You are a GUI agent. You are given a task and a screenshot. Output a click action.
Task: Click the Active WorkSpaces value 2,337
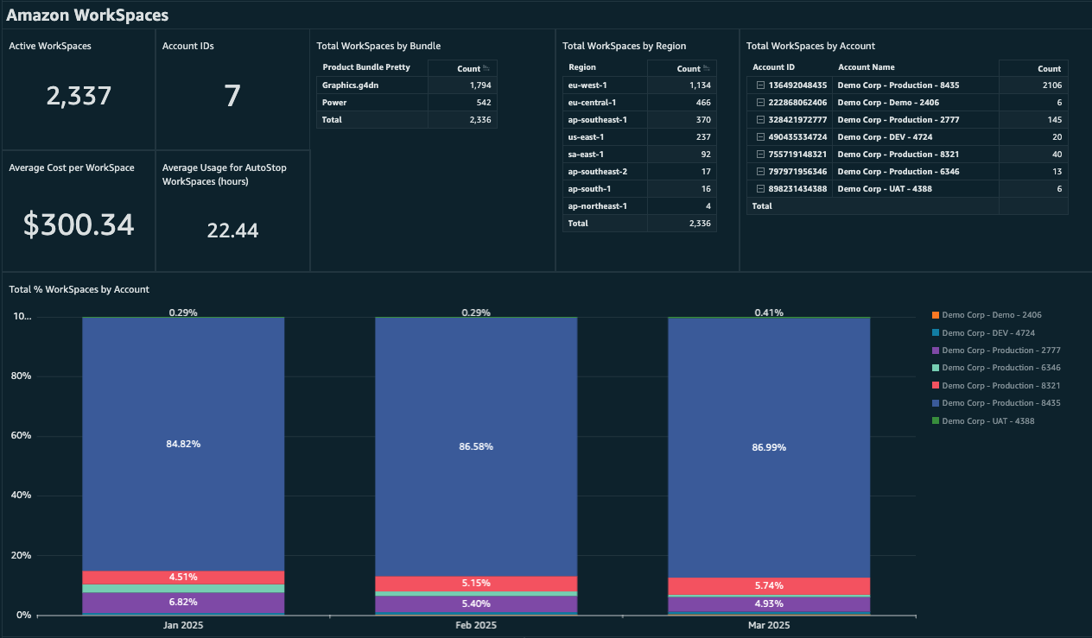[x=79, y=95]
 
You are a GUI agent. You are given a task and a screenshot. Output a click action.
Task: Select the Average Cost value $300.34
[x=79, y=224]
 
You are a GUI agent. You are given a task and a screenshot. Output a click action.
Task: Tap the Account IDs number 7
[x=232, y=96]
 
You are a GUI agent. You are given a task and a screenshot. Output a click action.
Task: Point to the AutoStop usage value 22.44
[x=232, y=231]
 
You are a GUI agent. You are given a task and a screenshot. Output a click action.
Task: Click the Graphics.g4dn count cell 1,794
[x=479, y=85]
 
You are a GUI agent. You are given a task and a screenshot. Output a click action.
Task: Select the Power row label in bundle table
[x=334, y=103]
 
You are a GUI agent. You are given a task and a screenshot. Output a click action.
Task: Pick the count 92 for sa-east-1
[x=704, y=155]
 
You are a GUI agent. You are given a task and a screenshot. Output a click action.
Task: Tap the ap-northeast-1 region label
[x=597, y=206]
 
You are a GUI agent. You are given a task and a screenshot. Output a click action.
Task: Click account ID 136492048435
[x=797, y=85]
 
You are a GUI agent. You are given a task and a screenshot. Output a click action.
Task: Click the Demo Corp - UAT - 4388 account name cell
[x=885, y=189]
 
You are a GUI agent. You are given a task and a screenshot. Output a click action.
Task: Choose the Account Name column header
[x=866, y=67]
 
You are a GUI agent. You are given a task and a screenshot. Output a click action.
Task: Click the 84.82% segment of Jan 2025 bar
[x=183, y=444]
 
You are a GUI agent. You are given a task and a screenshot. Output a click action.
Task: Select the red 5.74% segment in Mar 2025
[x=768, y=586]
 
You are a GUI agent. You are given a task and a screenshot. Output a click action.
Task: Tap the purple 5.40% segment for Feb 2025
[x=476, y=604]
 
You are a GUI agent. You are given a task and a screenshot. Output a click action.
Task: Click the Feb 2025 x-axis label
[x=475, y=625]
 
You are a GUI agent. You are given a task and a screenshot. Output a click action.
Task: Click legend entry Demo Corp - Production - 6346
[x=1000, y=368]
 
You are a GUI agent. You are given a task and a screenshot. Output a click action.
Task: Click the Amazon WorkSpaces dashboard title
[x=87, y=15]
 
